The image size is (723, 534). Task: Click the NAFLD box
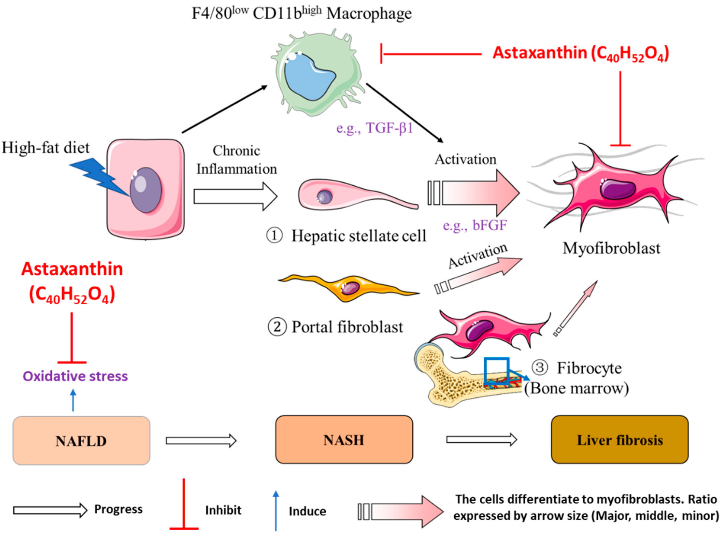[81, 440]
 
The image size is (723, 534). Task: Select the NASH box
[344, 439]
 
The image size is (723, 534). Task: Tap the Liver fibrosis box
[620, 439]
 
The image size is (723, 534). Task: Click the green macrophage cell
[318, 73]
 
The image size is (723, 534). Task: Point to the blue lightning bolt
[99, 176]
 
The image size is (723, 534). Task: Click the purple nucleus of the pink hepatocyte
[146, 190]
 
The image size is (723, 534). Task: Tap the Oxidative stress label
[75, 376]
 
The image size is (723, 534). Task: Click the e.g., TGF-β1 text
[374, 128]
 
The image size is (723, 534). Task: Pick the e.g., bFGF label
[475, 225]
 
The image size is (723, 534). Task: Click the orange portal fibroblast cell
[349, 287]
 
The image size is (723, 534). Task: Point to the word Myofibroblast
[611, 248]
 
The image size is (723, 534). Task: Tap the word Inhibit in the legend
[223, 510]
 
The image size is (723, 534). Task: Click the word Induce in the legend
[308, 511]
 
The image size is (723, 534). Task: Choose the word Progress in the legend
[118, 509]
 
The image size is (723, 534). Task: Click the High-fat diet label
[46, 148]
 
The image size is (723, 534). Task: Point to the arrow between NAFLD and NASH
[201, 441]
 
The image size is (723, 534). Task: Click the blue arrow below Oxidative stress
[73, 400]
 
